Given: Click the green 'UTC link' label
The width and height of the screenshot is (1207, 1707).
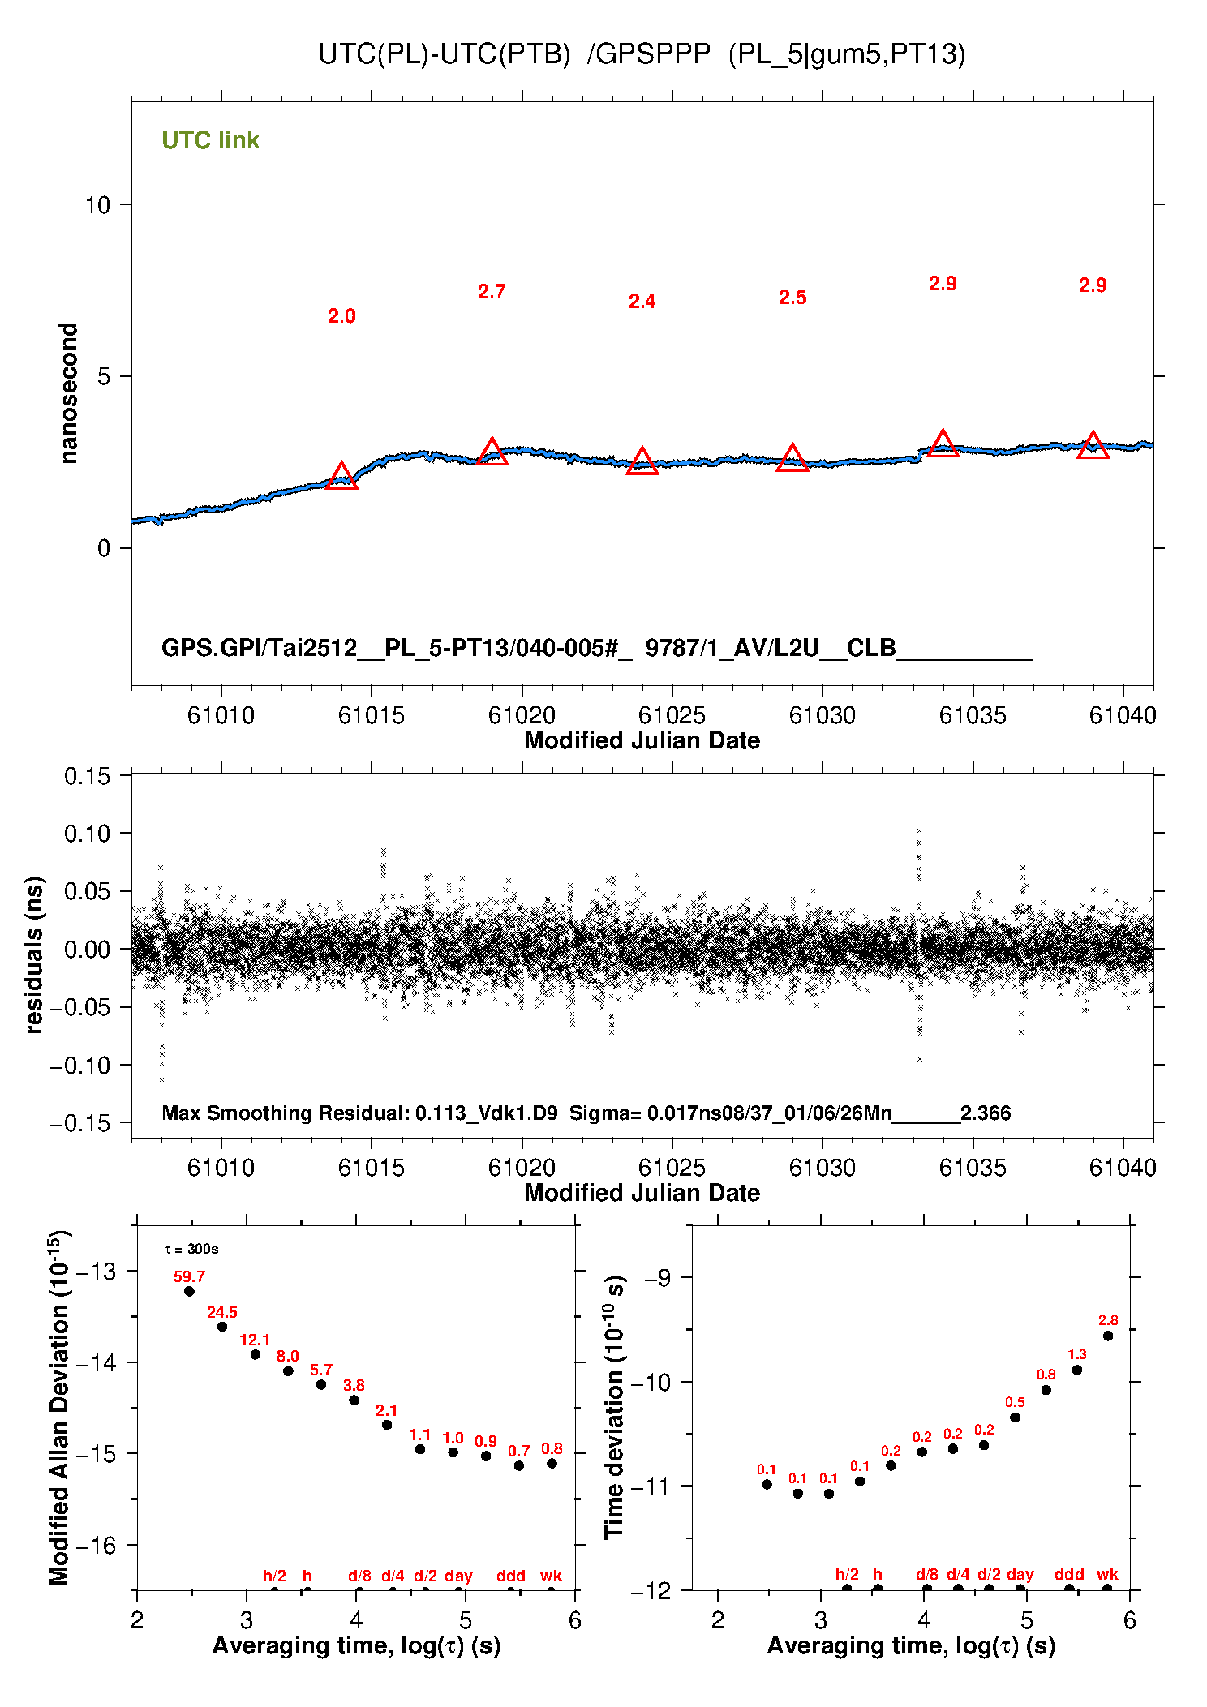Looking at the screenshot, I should pos(210,140).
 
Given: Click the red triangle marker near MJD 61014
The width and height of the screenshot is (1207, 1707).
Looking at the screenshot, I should pos(341,477).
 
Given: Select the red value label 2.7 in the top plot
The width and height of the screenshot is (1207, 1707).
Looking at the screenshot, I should pos(492,292).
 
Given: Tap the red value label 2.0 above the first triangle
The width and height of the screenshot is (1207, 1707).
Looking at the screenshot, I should pos(341,316).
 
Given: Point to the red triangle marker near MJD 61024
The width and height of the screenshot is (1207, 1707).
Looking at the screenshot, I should pos(642,462).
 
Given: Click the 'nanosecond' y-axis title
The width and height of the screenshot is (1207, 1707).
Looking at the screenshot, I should pos(69,392).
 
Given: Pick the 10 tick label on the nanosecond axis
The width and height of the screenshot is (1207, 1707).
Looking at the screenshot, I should pos(97,205).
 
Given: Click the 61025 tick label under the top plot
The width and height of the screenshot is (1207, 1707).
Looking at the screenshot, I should pos(672,715).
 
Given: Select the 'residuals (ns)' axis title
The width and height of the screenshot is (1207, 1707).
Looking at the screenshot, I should pos(34,954).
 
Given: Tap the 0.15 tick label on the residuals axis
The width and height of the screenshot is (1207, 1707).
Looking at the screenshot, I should pos(87,776).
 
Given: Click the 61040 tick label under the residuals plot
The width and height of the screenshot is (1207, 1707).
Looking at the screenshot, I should pos(1123,1168).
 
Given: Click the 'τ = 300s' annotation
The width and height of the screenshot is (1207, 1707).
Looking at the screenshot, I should pos(191,1249).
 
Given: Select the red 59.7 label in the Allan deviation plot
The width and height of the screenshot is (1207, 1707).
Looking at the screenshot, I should pos(189,1276).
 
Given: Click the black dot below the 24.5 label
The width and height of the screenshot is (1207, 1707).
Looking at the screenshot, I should pos(222,1327).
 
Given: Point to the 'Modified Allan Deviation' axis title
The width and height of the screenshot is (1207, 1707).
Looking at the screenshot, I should pos(59,1407).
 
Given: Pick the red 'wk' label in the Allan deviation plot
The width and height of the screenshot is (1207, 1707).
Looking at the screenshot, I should pos(551,1576).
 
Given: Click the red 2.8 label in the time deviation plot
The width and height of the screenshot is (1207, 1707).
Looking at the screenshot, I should pos(1108,1320).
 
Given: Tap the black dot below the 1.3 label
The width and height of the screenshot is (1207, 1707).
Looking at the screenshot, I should pos(1077,1370).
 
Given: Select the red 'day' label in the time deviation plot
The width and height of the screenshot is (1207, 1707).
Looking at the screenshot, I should pos(1020,1574).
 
